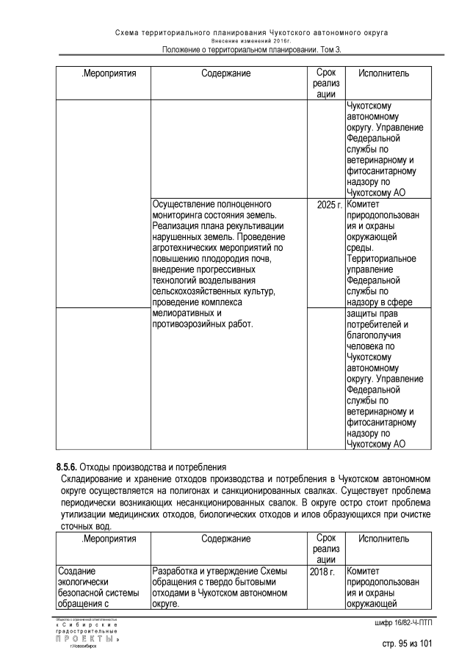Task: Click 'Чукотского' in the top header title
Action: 291,33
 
